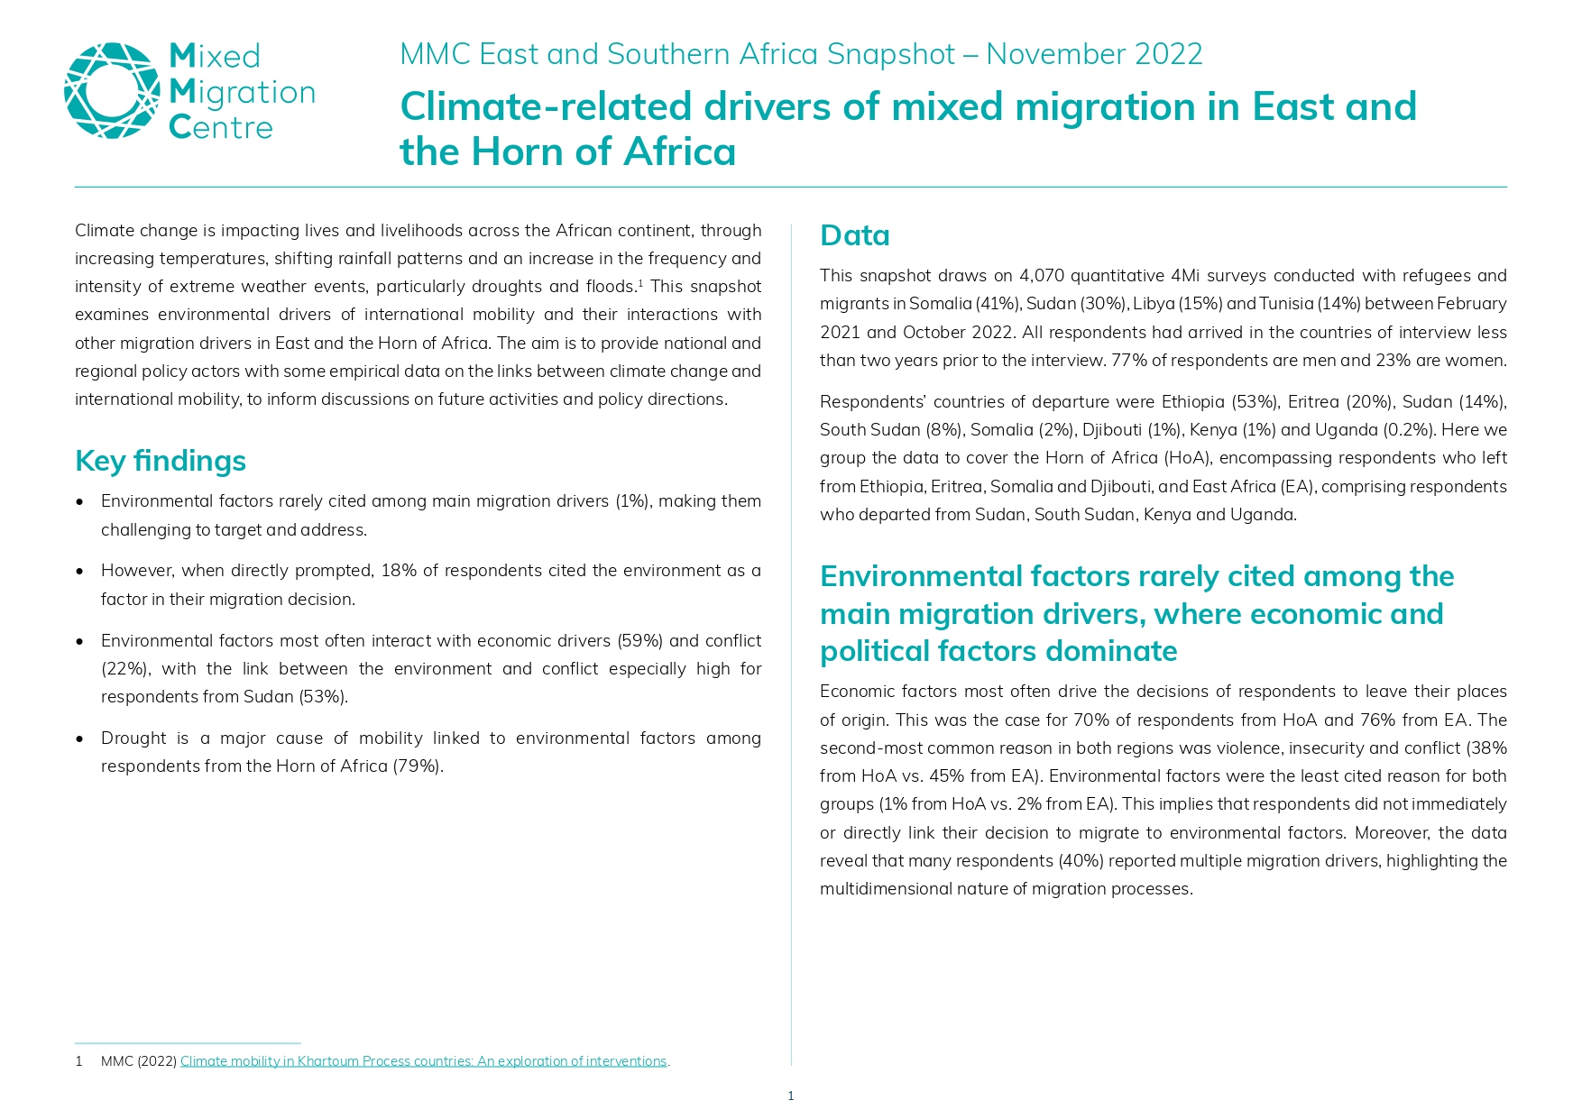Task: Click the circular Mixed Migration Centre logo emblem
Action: tap(112, 91)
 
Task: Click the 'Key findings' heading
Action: tap(161, 461)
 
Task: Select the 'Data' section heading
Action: tap(854, 235)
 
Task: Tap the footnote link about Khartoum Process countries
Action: tap(423, 1061)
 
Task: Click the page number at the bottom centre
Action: tap(791, 1096)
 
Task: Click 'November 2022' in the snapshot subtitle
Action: tap(1094, 54)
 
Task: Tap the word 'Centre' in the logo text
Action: tap(221, 128)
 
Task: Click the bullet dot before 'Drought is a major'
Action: tap(80, 738)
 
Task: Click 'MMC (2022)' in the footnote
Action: tap(138, 1061)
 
